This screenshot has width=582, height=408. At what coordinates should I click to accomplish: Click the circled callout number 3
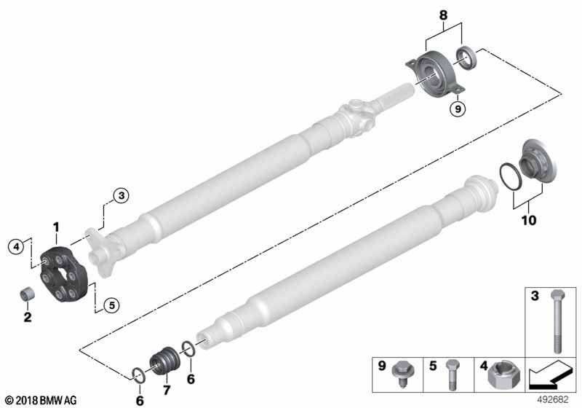(x=121, y=195)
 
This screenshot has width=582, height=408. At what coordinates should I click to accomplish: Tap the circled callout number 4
(x=16, y=246)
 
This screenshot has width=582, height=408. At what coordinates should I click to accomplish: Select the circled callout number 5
(x=111, y=305)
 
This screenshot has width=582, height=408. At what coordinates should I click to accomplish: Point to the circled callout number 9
(x=458, y=109)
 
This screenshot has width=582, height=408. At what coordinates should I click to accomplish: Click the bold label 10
(x=529, y=220)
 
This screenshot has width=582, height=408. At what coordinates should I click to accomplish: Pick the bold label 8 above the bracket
(x=443, y=15)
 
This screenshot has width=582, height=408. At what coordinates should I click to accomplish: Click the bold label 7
(x=167, y=391)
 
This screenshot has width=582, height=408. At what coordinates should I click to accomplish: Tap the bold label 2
(x=28, y=318)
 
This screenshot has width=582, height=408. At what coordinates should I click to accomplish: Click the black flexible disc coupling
(x=64, y=273)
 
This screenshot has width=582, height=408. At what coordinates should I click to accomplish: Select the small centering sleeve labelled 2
(x=27, y=294)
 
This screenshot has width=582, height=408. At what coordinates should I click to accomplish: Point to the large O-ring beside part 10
(x=511, y=177)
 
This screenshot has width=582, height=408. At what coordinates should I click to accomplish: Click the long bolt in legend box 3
(x=557, y=321)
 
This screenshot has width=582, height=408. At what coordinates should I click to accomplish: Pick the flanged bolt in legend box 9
(x=402, y=374)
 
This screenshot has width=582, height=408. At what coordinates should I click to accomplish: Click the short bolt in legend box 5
(x=451, y=374)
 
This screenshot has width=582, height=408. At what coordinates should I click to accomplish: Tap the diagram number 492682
(x=553, y=400)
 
